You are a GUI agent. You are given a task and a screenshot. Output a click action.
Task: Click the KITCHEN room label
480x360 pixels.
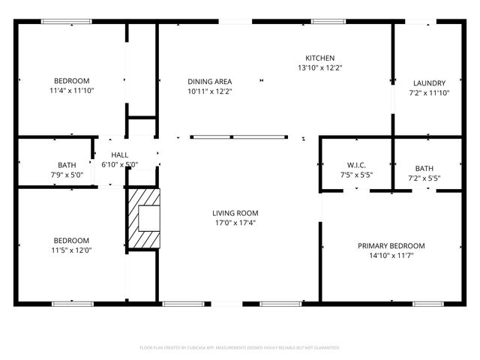(x=319, y=58)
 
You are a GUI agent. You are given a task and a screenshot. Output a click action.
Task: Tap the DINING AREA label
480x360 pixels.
(x=209, y=82)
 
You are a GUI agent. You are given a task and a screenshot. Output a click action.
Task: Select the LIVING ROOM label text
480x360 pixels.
(x=235, y=213)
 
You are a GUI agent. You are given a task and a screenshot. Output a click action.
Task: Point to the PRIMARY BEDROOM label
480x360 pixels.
(x=391, y=246)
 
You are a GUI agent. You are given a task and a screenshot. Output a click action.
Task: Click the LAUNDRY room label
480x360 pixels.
(x=429, y=83)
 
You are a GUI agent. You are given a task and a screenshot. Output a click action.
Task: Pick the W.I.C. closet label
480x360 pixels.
(x=355, y=165)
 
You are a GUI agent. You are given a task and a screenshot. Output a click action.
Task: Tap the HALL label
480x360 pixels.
(x=120, y=154)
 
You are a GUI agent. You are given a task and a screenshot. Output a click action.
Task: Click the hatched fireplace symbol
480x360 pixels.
(x=142, y=217)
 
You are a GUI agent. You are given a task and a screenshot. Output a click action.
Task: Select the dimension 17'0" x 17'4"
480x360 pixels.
(x=235, y=223)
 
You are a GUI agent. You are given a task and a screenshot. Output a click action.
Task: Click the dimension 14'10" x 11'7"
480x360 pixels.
(x=391, y=256)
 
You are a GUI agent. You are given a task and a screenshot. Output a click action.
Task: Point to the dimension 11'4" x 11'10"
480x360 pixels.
(x=71, y=91)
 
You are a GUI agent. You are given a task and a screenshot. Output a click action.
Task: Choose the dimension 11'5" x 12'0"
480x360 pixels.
(x=71, y=250)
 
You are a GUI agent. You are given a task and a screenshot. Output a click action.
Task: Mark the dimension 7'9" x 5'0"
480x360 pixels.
(x=67, y=175)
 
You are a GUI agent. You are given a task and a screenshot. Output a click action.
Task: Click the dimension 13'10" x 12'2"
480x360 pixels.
(x=319, y=67)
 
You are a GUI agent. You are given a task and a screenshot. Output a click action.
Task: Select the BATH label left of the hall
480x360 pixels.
(x=67, y=165)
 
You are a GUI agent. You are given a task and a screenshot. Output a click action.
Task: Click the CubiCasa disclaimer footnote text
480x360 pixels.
(x=240, y=347)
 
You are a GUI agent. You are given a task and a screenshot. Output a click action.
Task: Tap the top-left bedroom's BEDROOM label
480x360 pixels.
(x=71, y=81)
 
